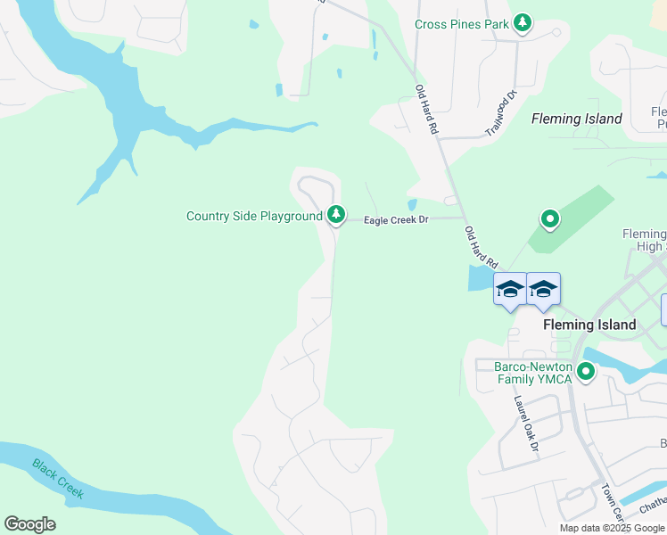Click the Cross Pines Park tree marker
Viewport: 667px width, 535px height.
(523, 23)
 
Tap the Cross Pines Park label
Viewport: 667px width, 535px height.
(462, 24)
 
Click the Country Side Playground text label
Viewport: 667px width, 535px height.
(254, 216)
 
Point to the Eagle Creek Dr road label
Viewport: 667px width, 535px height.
(397, 219)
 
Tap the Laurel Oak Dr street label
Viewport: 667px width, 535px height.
(527, 423)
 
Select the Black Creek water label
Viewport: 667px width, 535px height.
(59, 478)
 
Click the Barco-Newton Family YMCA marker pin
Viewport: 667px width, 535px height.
(586, 372)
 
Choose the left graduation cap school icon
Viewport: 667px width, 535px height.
(510, 290)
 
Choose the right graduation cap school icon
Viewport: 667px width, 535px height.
(543, 289)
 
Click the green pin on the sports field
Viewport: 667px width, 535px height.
(550, 218)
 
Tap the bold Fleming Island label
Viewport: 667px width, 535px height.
(589, 325)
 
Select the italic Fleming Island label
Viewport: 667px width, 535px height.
(576, 119)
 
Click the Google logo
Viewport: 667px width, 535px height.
(29, 524)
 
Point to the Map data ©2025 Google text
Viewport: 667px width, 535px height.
(612, 528)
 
